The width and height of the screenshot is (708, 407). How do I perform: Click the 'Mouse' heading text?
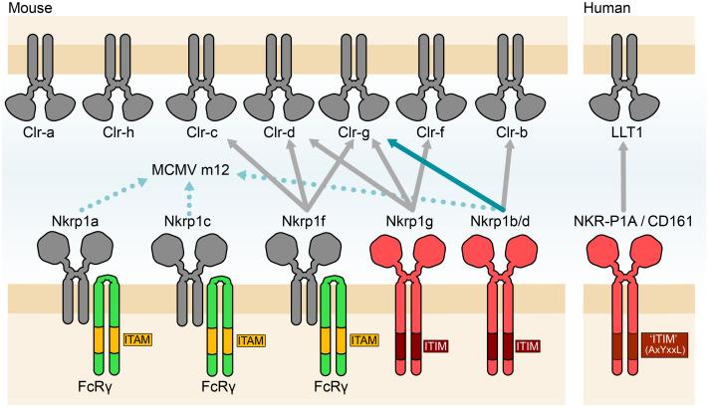pyautogui.click(x=25, y=8)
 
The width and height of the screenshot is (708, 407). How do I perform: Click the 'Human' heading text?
pyautogui.click(x=606, y=8)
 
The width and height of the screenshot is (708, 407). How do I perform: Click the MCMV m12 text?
pyautogui.click(x=190, y=170)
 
